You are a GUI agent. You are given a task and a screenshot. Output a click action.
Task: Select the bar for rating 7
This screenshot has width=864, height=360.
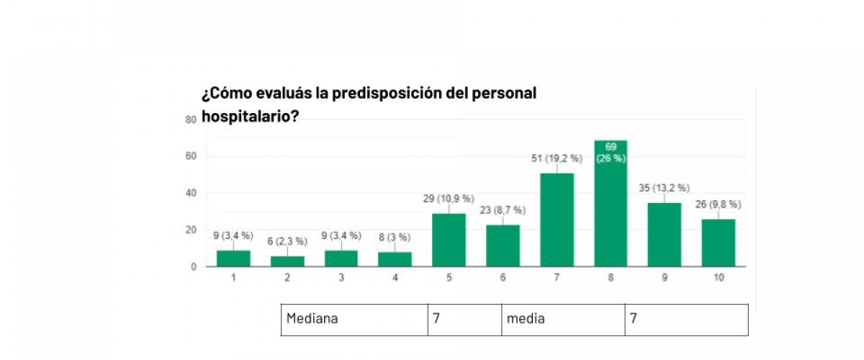tap(557, 220)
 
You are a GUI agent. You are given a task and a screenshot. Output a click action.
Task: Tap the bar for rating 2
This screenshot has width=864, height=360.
tap(287, 261)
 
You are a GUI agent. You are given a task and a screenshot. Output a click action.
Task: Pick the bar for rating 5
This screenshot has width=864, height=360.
tap(449, 240)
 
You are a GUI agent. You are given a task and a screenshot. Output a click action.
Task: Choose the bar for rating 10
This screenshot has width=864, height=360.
tap(718, 243)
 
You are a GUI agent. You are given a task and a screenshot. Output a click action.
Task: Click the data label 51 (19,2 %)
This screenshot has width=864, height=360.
tap(557, 158)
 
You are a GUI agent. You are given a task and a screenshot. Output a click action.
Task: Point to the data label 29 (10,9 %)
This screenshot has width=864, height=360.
tap(449, 198)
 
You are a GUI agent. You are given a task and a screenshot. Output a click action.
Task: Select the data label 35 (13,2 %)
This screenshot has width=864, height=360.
tap(664, 188)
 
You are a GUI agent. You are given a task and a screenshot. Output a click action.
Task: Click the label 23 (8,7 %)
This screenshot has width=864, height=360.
tap(503, 210)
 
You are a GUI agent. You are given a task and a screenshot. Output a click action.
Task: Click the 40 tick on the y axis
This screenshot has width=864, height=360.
tap(191, 193)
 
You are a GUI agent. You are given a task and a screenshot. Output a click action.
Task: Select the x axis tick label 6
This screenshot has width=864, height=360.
tap(503, 277)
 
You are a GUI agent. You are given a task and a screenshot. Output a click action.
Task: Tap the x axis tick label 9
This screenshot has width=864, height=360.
tap(664, 277)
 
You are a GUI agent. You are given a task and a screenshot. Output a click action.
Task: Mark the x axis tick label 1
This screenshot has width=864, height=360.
tap(233, 277)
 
